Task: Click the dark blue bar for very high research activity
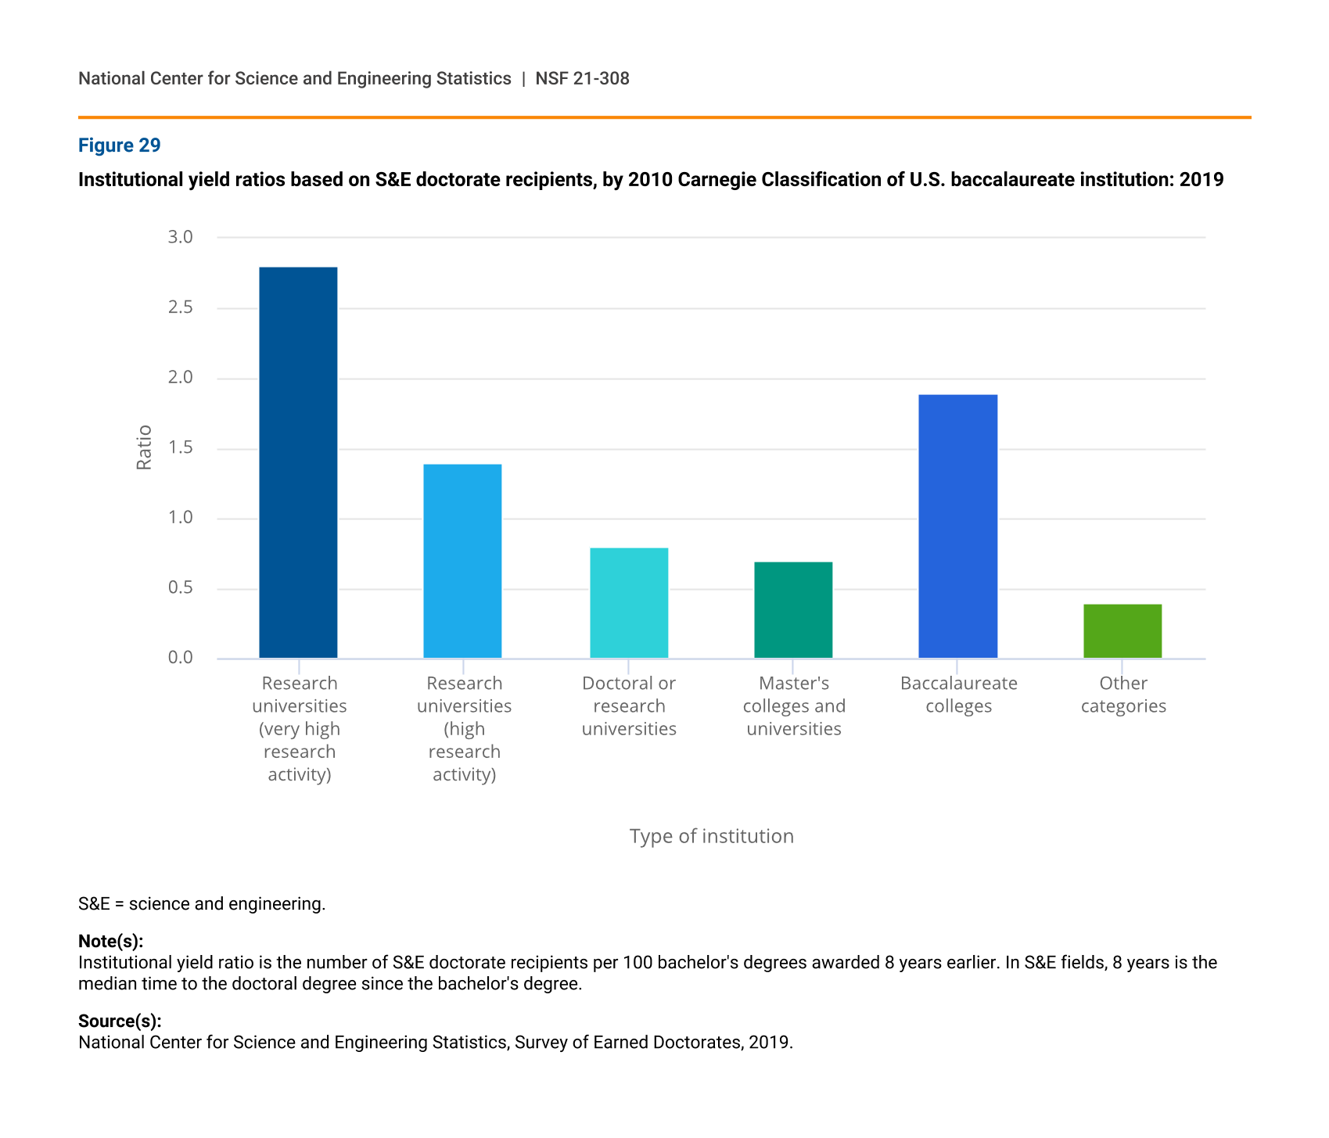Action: [298, 462]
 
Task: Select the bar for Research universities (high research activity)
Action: [462, 561]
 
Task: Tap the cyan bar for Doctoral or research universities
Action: [629, 603]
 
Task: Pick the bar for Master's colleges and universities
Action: [793, 610]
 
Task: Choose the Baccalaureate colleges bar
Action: [957, 526]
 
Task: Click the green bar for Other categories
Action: [1122, 631]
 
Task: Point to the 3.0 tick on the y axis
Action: [181, 237]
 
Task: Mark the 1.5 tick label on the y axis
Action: [181, 448]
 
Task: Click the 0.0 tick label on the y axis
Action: [181, 658]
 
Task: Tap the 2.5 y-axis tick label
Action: [181, 307]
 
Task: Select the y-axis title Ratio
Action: [144, 447]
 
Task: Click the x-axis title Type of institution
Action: [711, 836]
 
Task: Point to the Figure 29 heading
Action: [120, 145]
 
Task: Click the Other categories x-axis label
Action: [1123, 695]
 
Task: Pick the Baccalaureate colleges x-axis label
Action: [959, 695]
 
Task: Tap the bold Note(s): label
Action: [110, 941]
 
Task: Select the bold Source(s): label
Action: [120, 1021]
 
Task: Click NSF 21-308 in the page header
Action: [582, 78]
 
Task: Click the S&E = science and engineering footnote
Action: [202, 904]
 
